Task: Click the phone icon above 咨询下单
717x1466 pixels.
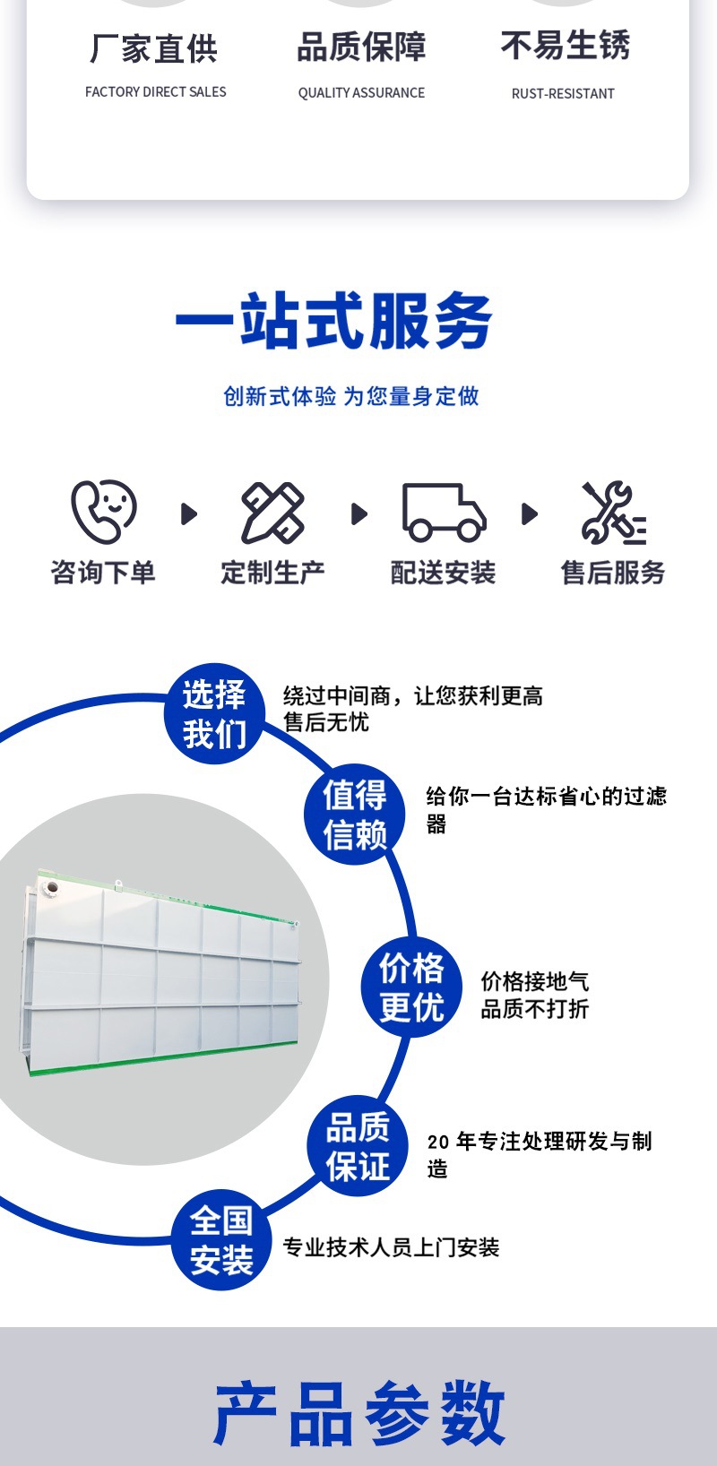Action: [103, 513]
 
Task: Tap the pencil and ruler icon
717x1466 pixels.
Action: [273, 513]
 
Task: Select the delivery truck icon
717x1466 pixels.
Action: [444, 513]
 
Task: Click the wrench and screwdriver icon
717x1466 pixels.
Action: [613, 513]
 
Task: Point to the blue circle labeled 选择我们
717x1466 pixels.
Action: [214, 714]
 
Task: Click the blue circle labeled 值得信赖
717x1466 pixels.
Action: [355, 815]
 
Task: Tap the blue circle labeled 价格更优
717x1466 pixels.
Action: [411, 987]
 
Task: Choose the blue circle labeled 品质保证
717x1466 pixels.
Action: [358, 1146]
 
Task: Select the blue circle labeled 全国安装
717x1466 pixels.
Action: [221, 1240]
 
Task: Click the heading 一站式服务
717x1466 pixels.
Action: [333, 322]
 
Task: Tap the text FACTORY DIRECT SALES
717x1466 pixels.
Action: [156, 91]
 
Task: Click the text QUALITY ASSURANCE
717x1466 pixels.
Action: [361, 92]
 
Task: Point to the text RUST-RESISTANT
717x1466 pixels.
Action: [563, 93]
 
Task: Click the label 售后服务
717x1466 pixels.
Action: [613, 573]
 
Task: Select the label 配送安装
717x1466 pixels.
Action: [444, 573]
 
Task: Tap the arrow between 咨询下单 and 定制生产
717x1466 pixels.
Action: [188, 513]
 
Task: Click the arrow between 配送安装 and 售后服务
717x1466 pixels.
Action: [529, 513]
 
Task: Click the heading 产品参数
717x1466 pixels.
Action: [359, 1413]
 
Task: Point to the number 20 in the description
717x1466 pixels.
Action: [438, 1142]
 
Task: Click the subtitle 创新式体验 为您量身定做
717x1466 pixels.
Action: [351, 396]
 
